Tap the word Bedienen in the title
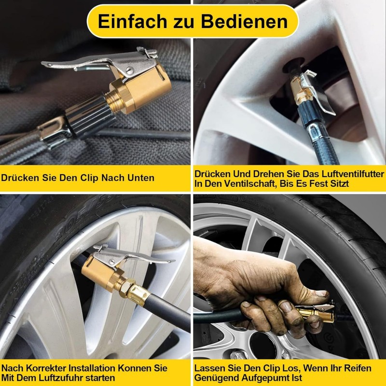click(x=245, y=21)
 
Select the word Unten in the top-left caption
click(x=141, y=178)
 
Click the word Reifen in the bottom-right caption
click(x=358, y=368)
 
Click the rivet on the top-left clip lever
click(x=130, y=70)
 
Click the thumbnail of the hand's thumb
click(x=321, y=294)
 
